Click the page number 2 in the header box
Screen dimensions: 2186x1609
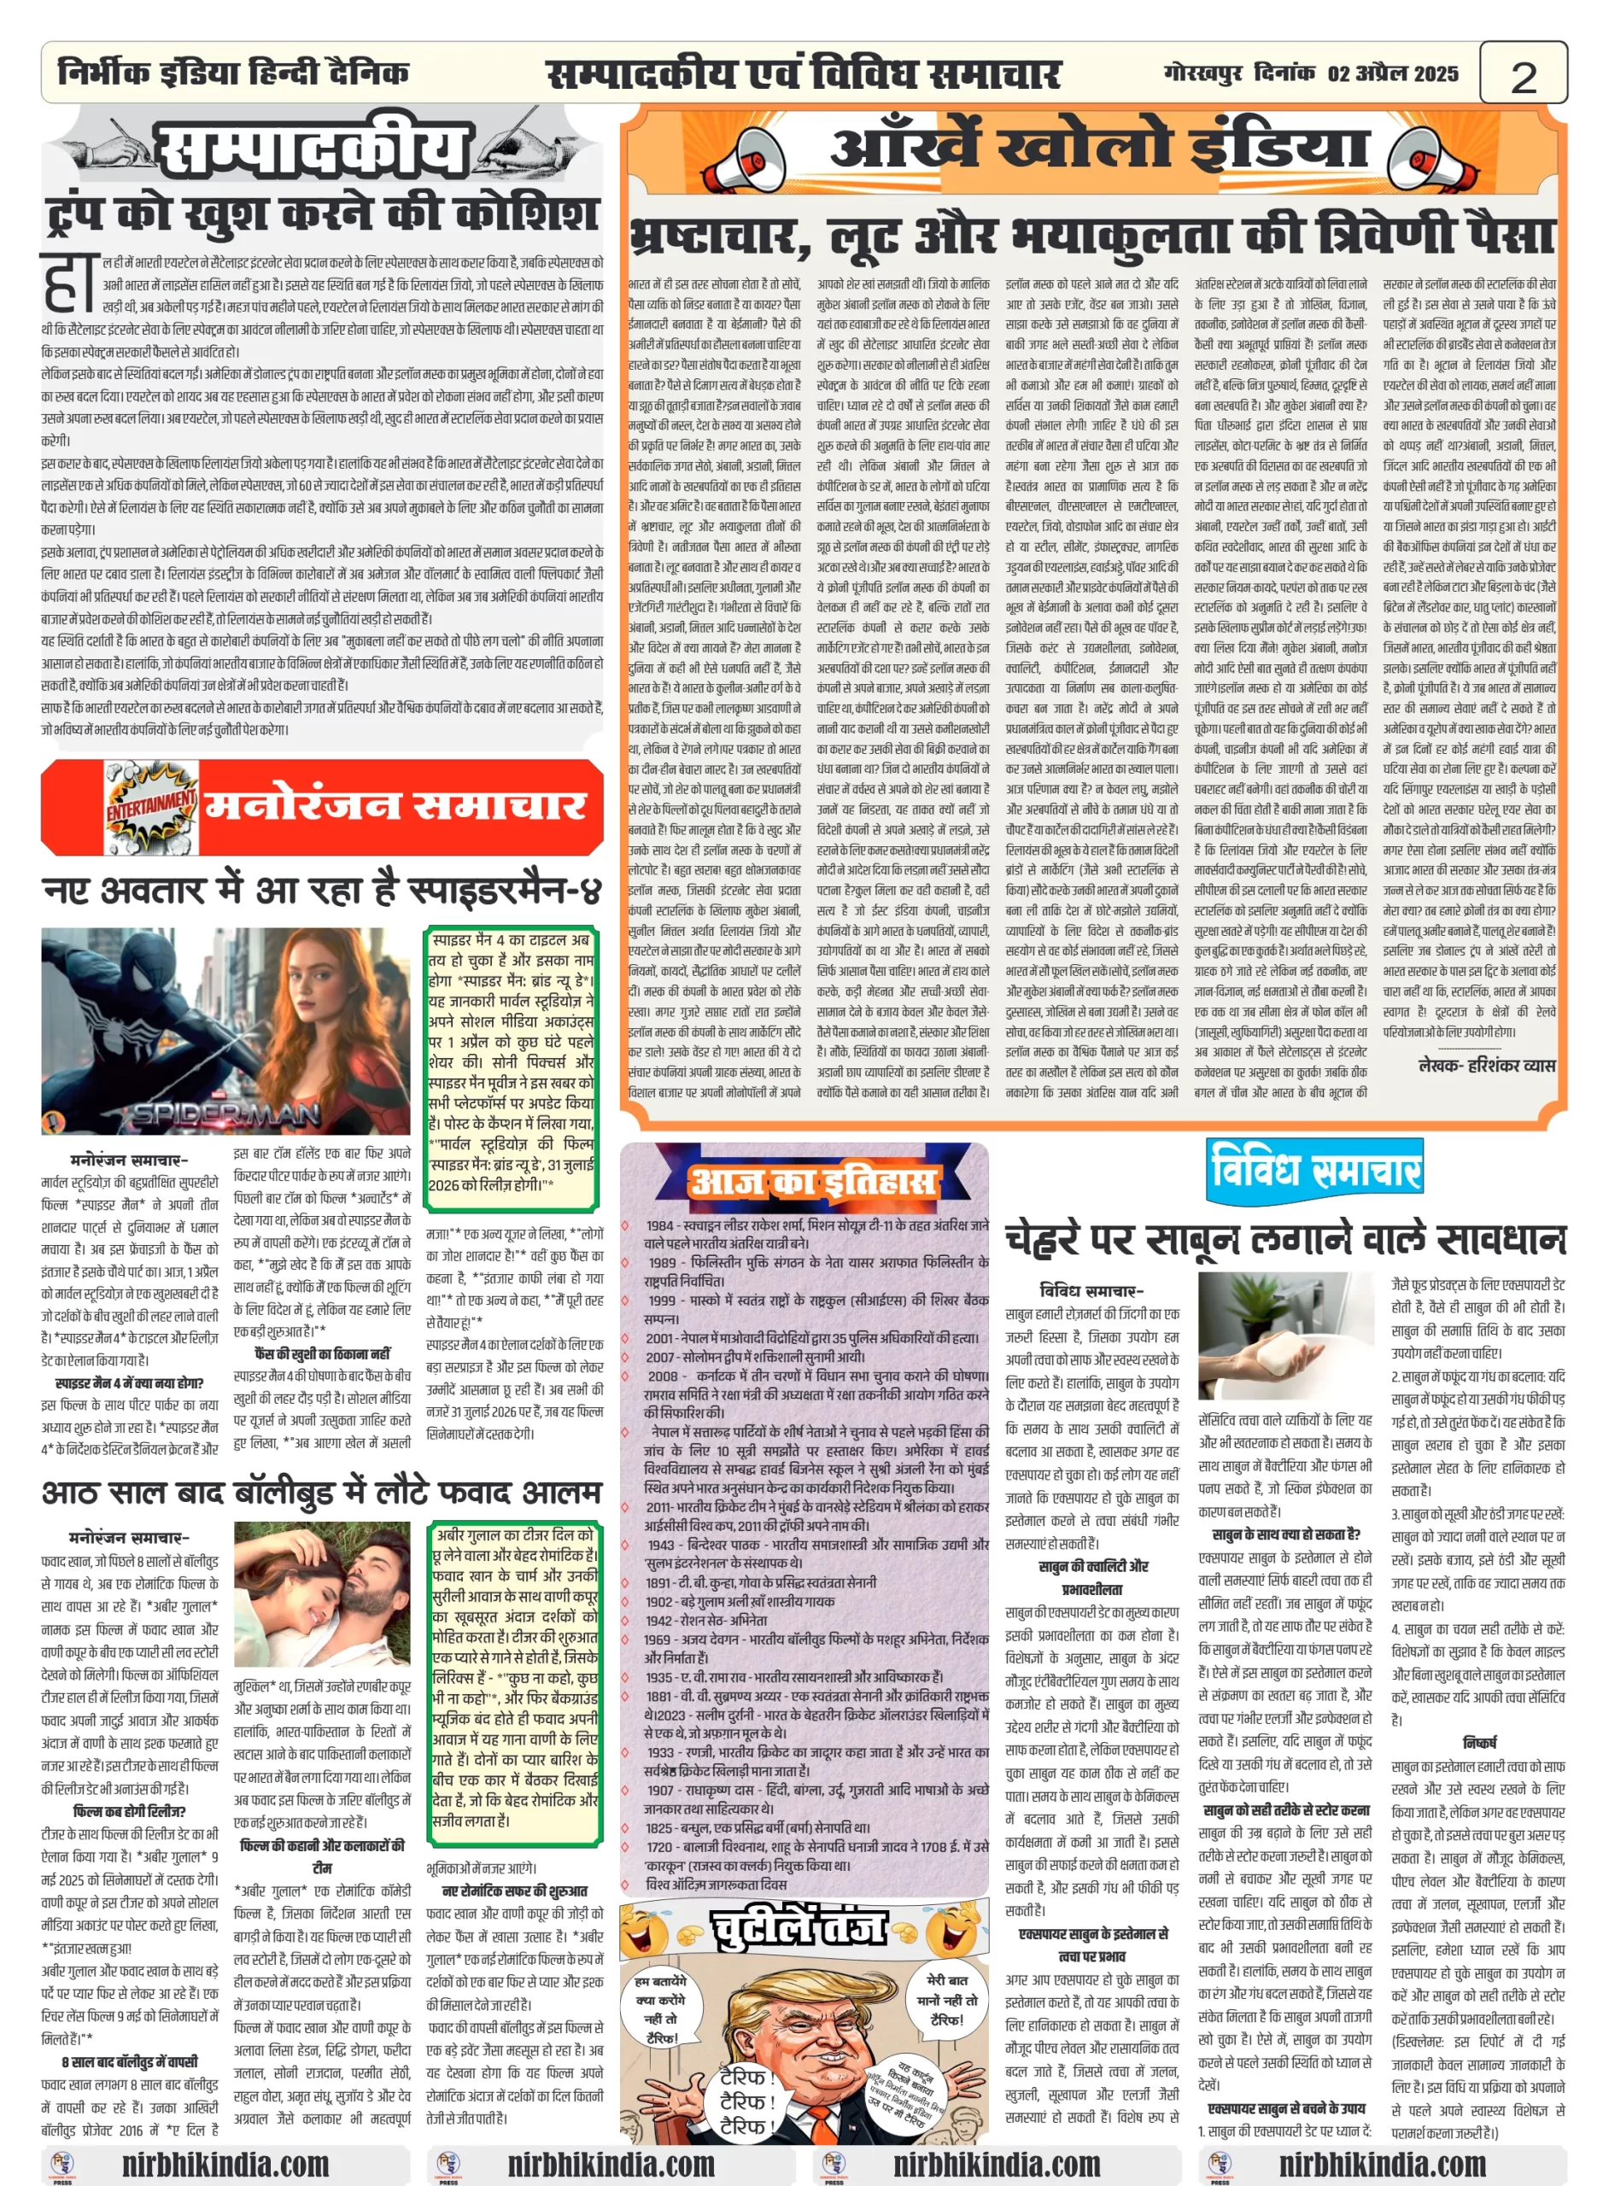click(1523, 75)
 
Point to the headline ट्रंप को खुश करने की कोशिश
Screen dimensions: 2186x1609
click(321, 214)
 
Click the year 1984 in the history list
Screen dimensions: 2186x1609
click(660, 1226)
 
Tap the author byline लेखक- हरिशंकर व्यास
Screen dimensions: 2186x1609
click(1486, 1066)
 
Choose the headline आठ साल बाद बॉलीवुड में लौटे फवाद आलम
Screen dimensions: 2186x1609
click(321, 1493)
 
